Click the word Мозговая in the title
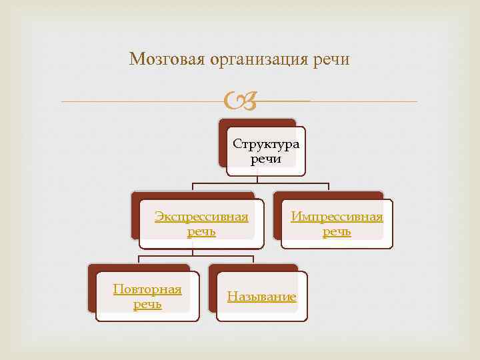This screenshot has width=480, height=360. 167,60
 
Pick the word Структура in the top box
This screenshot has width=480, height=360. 266,145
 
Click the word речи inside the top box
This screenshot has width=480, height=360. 265,159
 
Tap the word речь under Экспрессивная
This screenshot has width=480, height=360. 201,231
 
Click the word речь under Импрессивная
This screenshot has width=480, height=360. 337,231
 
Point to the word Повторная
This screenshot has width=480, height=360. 147,289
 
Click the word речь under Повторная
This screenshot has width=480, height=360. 147,304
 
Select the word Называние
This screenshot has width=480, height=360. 262,297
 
